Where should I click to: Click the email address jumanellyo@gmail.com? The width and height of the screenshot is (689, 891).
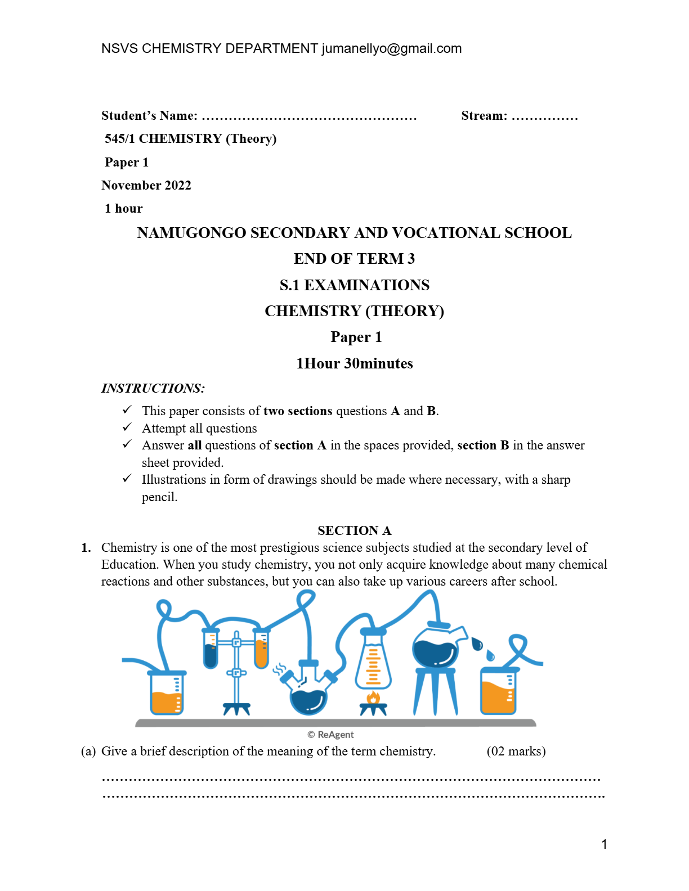click(x=391, y=49)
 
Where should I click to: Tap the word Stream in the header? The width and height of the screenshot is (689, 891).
click(x=484, y=116)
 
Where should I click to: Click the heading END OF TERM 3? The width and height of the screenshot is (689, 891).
click(x=354, y=259)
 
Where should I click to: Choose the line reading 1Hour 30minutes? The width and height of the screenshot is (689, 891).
click(x=355, y=363)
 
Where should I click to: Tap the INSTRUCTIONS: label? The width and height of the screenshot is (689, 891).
click(x=153, y=388)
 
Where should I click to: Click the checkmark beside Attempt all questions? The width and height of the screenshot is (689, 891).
click(x=127, y=427)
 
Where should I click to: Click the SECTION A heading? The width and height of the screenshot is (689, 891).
click(x=354, y=530)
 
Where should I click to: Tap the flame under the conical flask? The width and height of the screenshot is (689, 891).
click(x=373, y=698)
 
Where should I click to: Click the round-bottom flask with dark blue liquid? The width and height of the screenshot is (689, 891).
click(x=308, y=697)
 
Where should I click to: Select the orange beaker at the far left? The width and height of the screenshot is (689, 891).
click(x=167, y=693)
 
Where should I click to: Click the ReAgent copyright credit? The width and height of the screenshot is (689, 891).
click(x=331, y=735)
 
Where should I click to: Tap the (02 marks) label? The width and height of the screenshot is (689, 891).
click(x=516, y=751)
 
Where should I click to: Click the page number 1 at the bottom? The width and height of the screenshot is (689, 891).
click(x=604, y=844)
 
